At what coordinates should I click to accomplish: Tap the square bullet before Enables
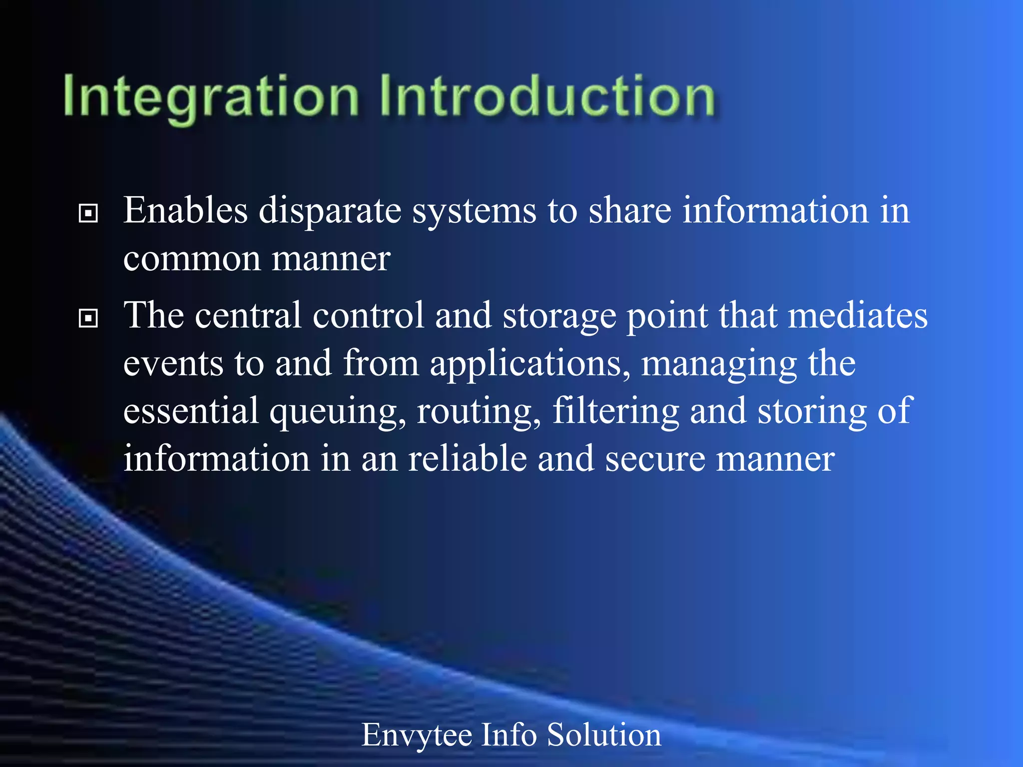coord(88,214)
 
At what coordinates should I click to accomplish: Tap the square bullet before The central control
coord(88,318)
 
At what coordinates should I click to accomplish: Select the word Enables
coord(185,210)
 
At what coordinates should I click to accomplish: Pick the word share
coord(630,210)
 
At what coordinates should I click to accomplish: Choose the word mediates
coord(857,316)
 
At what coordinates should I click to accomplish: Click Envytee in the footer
coord(417,736)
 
